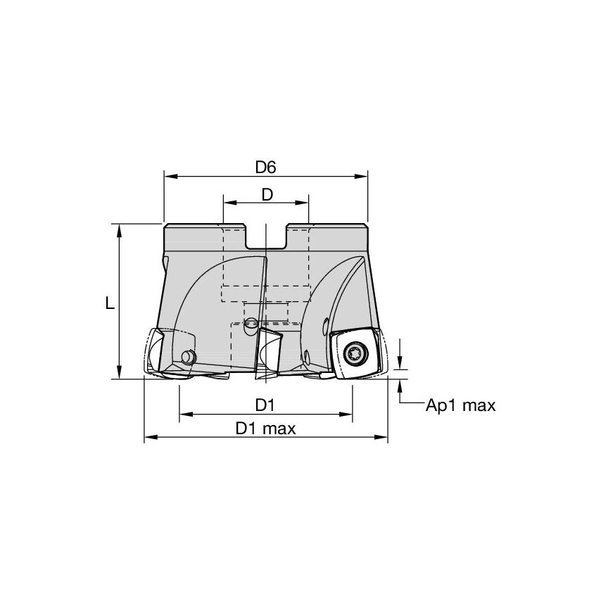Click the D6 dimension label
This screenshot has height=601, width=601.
[265, 167]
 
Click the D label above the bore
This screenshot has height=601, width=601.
[266, 195]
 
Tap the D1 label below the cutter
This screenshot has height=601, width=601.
[265, 405]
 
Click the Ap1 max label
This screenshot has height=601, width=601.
[461, 405]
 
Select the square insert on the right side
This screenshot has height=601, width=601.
[355, 354]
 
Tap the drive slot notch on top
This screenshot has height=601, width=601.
[266, 236]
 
